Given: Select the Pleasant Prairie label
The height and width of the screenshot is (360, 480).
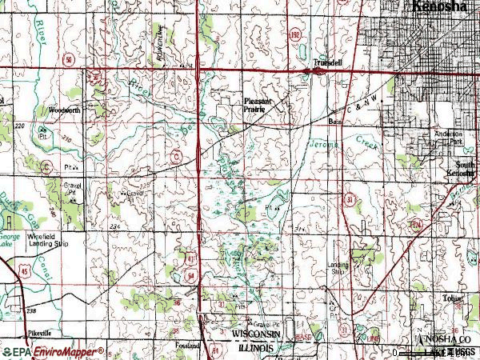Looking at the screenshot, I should click(258, 104).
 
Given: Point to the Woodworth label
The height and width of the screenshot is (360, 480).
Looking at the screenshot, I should click(64, 109).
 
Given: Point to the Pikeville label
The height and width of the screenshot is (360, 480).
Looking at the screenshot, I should click(36, 332).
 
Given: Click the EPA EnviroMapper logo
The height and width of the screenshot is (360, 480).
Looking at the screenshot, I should click(53, 351).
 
